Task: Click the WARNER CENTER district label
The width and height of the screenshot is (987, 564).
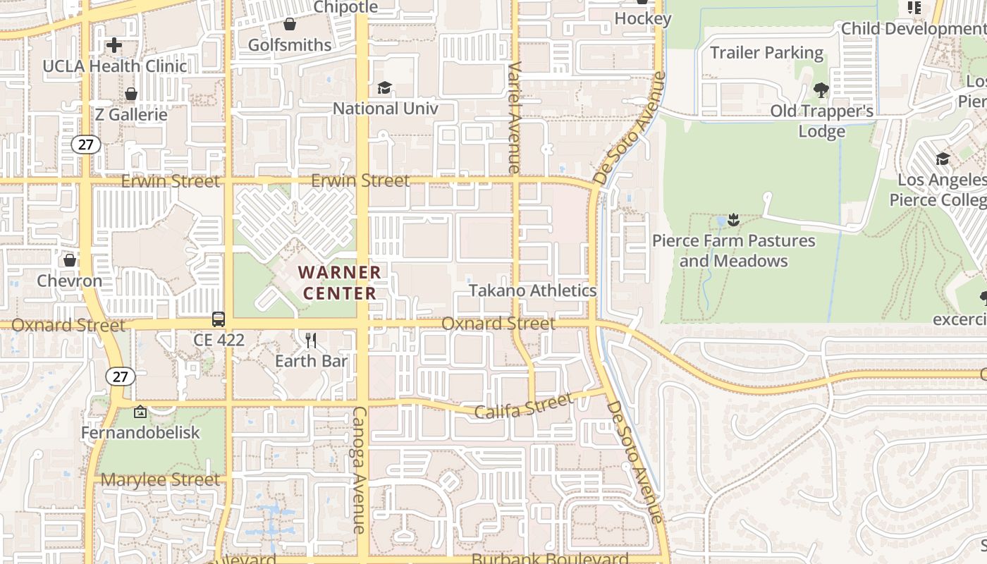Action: (x=339, y=282)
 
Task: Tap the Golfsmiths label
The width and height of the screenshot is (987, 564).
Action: (x=290, y=45)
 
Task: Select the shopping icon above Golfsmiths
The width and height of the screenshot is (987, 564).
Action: (x=290, y=25)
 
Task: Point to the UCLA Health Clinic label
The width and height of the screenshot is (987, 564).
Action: (x=115, y=66)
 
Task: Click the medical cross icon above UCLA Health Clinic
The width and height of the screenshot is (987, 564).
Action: (x=114, y=46)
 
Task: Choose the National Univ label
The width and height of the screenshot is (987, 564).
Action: (x=385, y=109)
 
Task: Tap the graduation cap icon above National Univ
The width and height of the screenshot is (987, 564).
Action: (x=384, y=88)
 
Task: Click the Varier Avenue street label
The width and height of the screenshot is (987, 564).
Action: (x=514, y=116)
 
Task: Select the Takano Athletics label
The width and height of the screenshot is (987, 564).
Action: (x=533, y=290)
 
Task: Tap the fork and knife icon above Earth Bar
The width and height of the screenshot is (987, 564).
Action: (x=311, y=341)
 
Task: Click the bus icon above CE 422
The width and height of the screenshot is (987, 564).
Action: (x=219, y=319)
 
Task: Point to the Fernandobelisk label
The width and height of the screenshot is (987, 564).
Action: (x=140, y=433)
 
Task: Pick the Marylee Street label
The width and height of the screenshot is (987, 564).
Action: (x=160, y=480)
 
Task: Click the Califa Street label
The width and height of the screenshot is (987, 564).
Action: (x=524, y=407)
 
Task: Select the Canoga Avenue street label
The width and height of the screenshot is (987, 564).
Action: (x=359, y=469)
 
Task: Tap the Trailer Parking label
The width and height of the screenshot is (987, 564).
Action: (x=766, y=53)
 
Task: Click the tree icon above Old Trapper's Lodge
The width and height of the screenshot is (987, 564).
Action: (x=821, y=90)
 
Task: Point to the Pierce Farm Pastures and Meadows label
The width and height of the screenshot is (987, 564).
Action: (x=734, y=251)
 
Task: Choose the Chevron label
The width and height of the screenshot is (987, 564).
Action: (x=70, y=281)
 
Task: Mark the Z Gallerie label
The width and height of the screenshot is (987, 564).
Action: (x=131, y=115)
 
